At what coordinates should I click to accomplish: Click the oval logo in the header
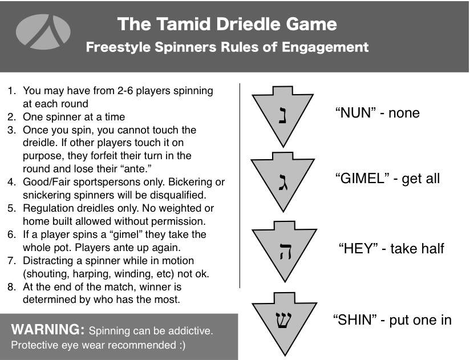[x=43, y=32]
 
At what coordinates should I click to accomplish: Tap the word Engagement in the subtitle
[x=325, y=47]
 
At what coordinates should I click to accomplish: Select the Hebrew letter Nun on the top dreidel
[x=282, y=114]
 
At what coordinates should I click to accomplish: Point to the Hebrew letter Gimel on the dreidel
[x=283, y=181]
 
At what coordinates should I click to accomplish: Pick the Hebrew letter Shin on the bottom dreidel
[x=283, y=320]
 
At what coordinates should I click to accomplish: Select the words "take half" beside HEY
[x=417, y=249]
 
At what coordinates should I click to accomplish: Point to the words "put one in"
[x=420, y=320]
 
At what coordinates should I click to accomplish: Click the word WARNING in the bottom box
[x=48, y=329]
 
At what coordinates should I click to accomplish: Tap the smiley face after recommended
[x=183, y=345]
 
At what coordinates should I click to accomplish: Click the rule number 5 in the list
[x=11, y=208]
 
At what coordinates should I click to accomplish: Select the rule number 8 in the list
[x=11, y=287]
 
